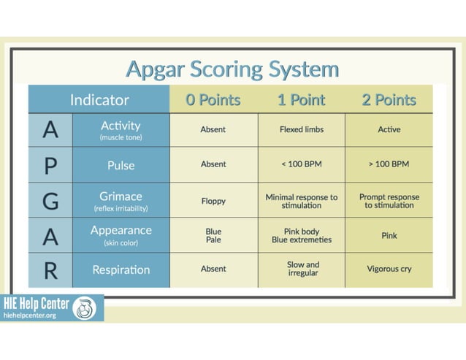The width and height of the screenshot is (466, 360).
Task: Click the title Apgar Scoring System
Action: coord(232,69)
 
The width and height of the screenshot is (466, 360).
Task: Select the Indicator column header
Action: coord(99,100)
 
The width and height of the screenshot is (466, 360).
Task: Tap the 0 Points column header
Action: coord(213,100)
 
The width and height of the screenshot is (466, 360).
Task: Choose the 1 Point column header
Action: coord(301,100)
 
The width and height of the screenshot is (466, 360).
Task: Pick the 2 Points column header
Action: coord(389,100)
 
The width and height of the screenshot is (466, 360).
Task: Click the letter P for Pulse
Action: coord(50,165)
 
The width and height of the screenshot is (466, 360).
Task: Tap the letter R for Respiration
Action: coord(50,269)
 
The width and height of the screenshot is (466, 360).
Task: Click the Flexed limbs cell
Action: coord(301,130)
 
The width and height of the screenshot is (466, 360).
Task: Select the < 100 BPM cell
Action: coord(301,164)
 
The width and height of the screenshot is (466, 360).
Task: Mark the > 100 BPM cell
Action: coord(389,164)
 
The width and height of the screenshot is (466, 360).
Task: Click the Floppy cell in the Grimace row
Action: coord(213,200)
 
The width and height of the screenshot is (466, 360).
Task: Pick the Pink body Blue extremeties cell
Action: coord(301,235)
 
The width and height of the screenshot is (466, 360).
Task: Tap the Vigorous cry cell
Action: coord(389,269)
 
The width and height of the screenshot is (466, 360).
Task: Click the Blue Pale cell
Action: coord(213,235)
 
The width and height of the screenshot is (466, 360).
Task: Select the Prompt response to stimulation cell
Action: coord(389,201)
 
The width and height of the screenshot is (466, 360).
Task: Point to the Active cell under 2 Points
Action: coord(389,130)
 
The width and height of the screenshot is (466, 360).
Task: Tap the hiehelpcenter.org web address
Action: coord(30,315)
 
